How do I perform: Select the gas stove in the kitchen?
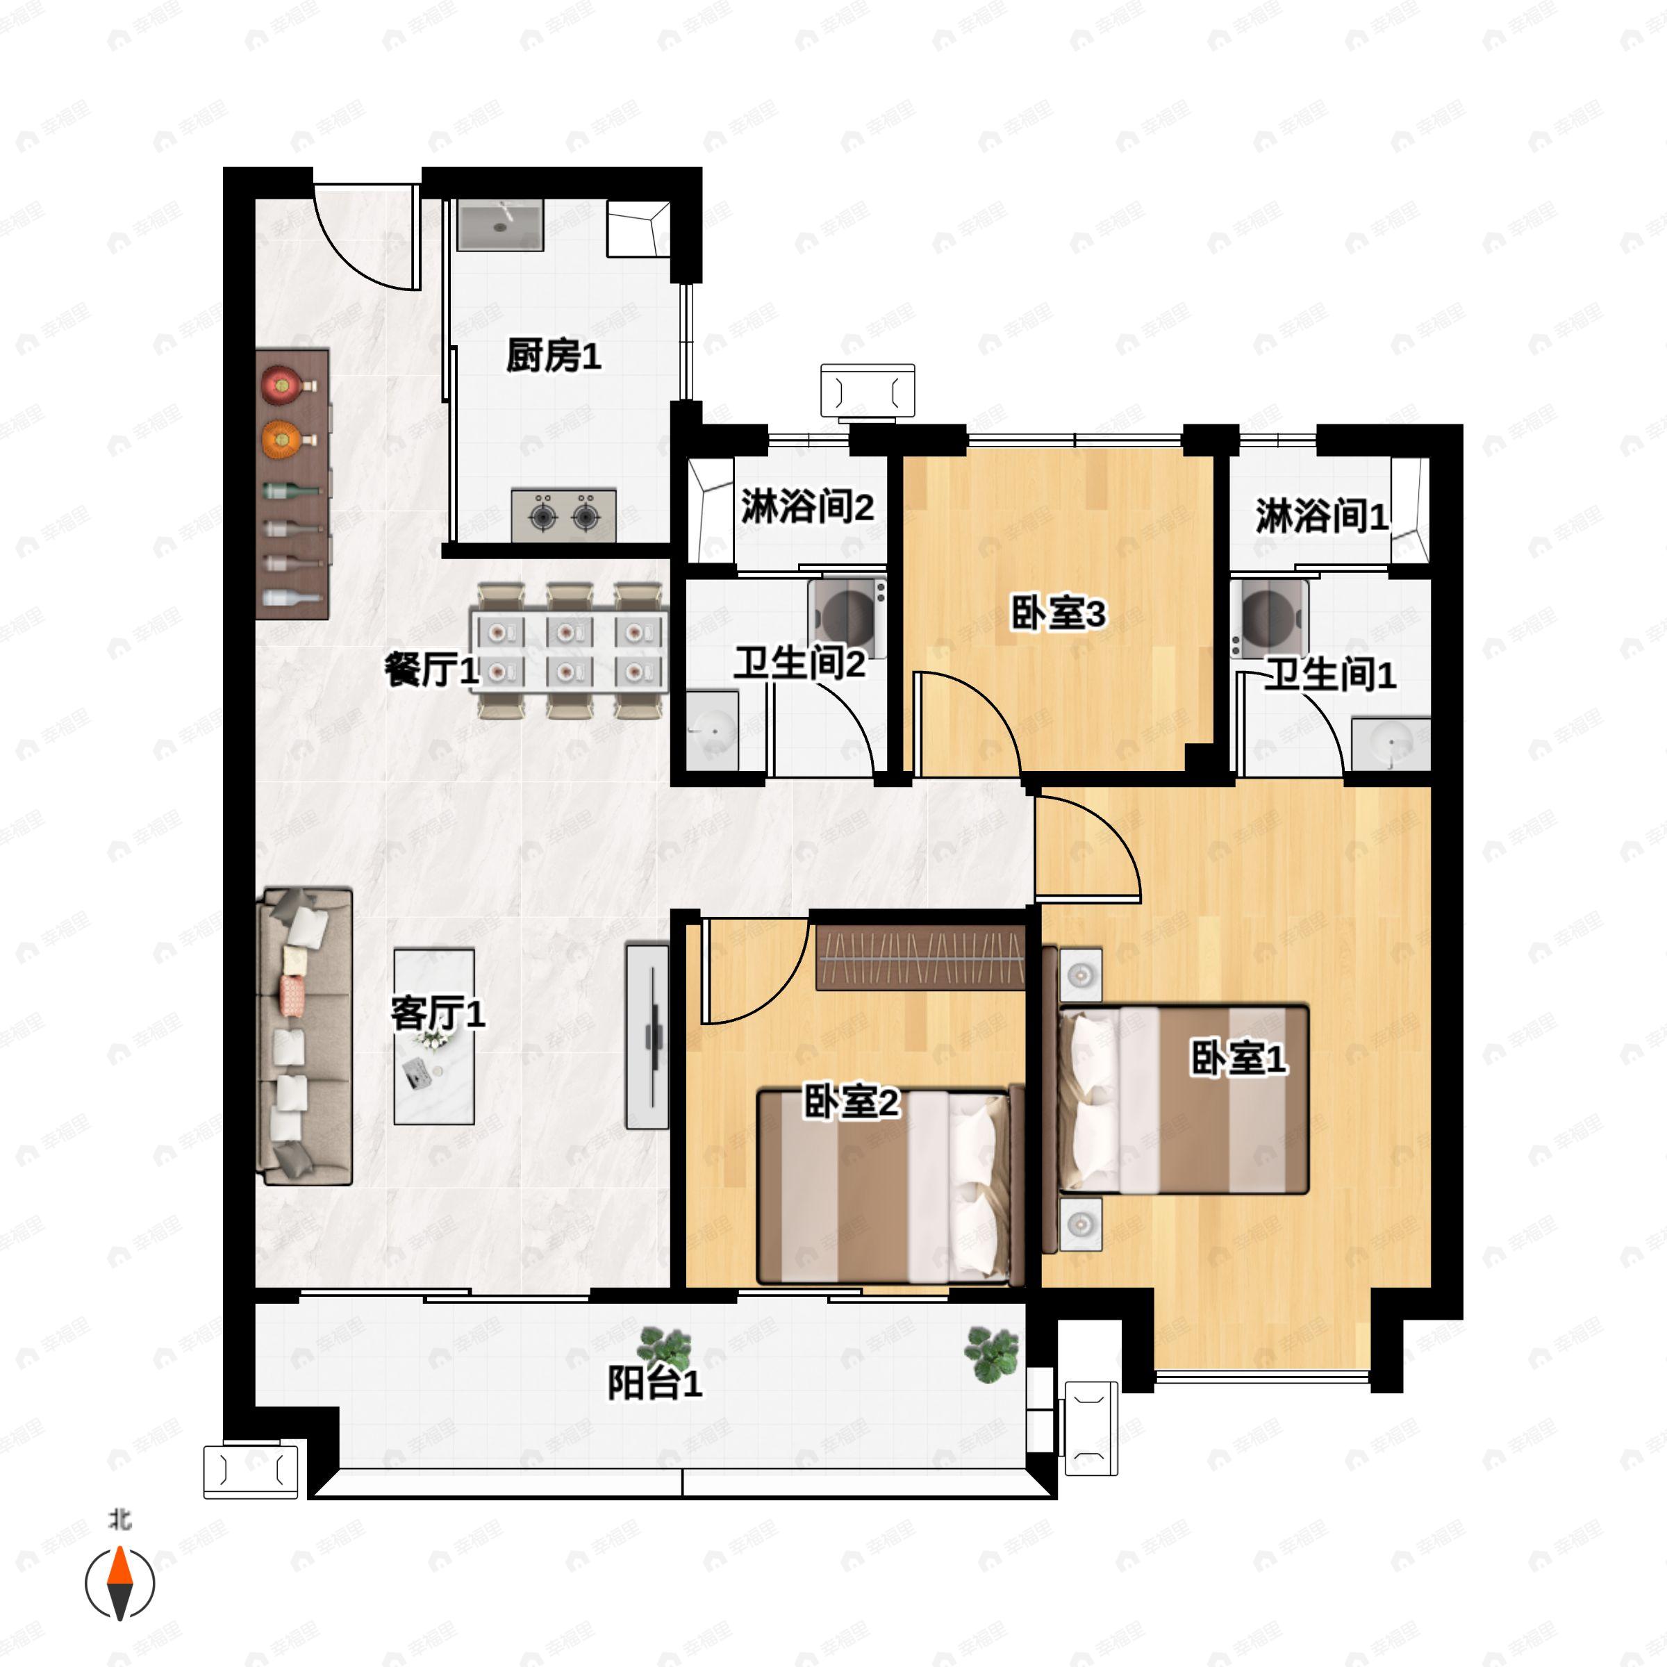(564, 515)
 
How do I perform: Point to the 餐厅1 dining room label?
(431, 670)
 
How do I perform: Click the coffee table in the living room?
(434, 1036)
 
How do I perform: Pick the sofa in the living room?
(305, 1036)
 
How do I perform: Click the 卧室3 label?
(1058, 614)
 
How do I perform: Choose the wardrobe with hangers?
(920, 957)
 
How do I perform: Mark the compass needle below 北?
(120, 1584)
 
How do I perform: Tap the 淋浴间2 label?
(808, 506)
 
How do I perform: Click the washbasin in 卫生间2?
(713, 730)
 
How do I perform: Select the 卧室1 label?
(1239, 1059)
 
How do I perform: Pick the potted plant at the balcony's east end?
(993, 1353)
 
